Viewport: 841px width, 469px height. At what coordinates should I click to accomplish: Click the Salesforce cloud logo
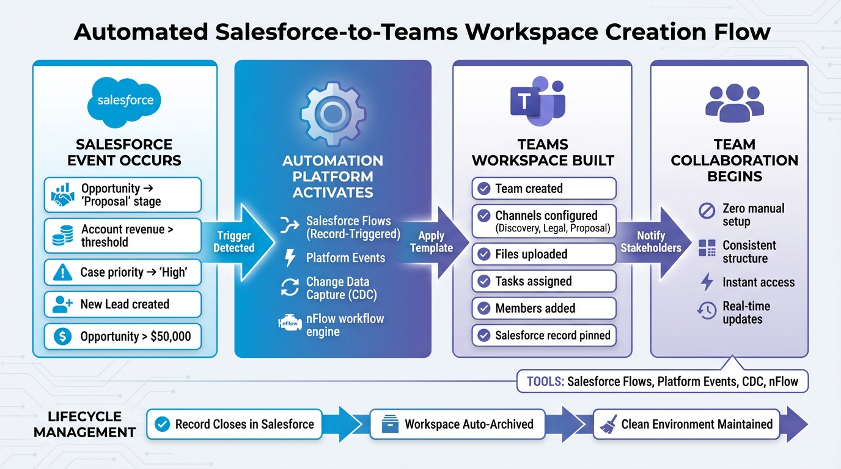pos(125,100)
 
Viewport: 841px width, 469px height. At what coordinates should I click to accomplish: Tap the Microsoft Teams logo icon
pos(537,100)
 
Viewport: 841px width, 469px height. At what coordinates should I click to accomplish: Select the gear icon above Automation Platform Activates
pos(332,113)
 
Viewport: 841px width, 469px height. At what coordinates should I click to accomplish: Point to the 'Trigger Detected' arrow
pos(235,241)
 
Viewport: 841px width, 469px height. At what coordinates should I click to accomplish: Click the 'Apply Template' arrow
pos(432,242)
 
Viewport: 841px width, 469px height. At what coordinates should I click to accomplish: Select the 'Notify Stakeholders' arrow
pos(650,242)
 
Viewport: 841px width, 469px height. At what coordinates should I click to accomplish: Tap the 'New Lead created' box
pos(123,304)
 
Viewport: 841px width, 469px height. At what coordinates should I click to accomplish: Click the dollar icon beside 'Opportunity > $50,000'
pos(62,336)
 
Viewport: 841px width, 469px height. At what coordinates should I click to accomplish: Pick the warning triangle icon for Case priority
pos(62,273)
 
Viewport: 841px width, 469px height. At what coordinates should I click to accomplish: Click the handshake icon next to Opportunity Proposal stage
pos(62,195)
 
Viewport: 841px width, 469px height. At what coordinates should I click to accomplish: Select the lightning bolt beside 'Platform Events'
pos(290,258)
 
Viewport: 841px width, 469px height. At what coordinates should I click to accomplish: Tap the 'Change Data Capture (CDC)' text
pos(341,288)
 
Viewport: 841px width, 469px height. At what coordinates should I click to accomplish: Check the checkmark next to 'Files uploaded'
pos(483,254)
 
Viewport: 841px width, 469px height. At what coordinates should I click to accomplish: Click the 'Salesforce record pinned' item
pos(544,335)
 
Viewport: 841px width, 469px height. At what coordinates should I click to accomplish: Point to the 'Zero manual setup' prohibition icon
pos(707,211)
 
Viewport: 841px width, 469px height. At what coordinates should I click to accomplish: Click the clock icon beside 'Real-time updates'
pos(707,311)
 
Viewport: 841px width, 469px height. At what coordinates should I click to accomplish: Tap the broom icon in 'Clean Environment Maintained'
pos(608,424)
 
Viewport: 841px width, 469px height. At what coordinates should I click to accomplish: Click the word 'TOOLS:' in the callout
pos(545,382)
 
